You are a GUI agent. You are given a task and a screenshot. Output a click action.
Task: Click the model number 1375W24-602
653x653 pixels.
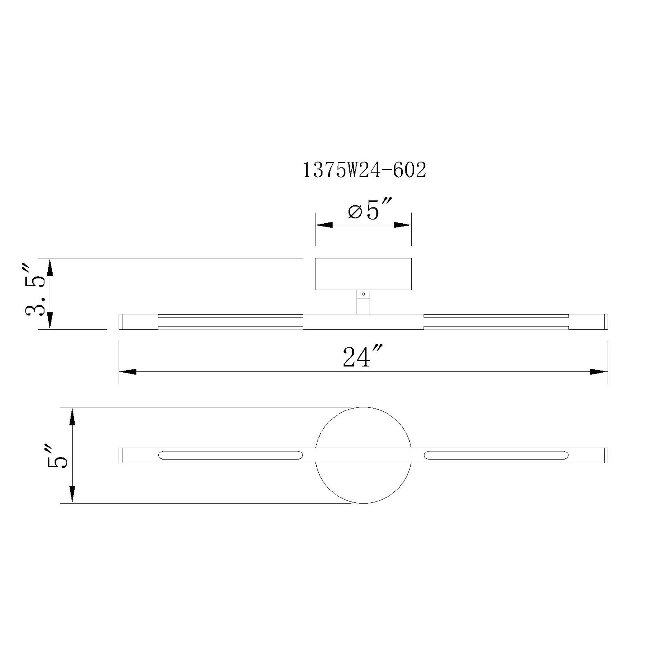[364, 170]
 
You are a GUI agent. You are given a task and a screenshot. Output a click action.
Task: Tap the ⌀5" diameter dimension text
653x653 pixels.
[369, 212]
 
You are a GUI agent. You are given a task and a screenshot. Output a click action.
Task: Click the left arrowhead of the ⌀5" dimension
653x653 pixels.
[324, 225]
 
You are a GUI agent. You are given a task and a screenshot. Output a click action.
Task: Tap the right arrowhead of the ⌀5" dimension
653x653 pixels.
[403, 225]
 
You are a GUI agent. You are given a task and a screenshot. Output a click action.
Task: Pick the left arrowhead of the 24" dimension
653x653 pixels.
[128, 372]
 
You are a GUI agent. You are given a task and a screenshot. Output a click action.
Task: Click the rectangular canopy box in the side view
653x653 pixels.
[363, 274]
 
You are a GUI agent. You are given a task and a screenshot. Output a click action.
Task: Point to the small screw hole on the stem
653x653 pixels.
[363, 294]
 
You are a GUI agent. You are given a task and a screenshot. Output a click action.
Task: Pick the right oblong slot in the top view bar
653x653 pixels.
[496, 455]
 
